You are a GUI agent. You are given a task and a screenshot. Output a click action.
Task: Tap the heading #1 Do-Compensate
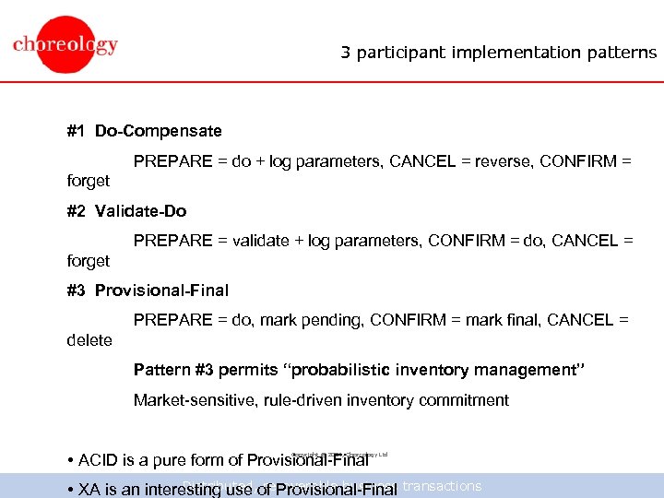145,132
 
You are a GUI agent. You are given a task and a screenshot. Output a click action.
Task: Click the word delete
89,340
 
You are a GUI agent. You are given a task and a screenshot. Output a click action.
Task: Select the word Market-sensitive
194,400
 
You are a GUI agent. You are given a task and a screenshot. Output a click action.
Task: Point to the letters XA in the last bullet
89,490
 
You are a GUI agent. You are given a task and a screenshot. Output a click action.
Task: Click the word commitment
464,400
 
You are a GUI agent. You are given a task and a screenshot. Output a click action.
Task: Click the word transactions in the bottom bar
444,486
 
